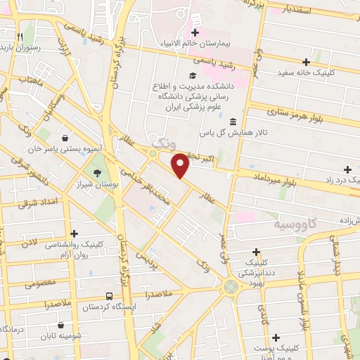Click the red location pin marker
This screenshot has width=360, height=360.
(181, 165)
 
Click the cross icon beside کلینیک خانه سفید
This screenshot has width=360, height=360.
(305, 62)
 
